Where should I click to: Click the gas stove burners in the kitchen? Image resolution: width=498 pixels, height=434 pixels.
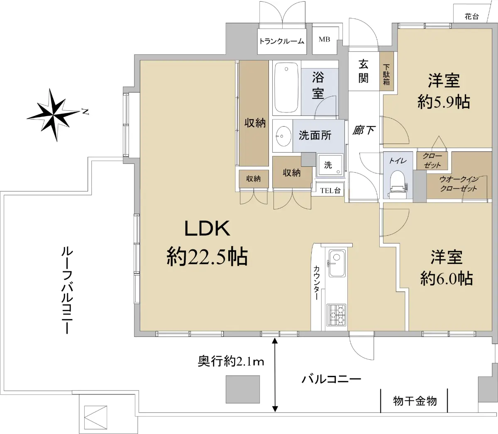click(x=337, y=315)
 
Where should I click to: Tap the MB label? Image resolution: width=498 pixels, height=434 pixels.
click(x=324, y=39)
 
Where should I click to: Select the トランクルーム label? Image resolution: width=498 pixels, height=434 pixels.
click(x=282, y=41)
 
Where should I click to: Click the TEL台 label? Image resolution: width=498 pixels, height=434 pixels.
click(x=330, y=190)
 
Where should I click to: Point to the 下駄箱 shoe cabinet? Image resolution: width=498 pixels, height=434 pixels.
click(x=386, y=71)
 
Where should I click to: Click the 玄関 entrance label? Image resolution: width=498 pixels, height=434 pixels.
click(x=363, y=71)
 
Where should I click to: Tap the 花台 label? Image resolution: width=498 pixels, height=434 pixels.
click(x=472, y=17)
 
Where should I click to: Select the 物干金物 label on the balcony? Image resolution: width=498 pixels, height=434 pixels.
click(x=415, y=401)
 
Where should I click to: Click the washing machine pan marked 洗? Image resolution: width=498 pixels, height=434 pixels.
click(x=330, y=165)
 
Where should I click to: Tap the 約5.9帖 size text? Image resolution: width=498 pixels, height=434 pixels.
click(x=444, y=102)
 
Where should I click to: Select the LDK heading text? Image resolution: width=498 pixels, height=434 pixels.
click(x=207, y=229)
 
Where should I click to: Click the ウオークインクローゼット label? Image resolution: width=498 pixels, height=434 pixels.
click(x=459, y=184)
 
